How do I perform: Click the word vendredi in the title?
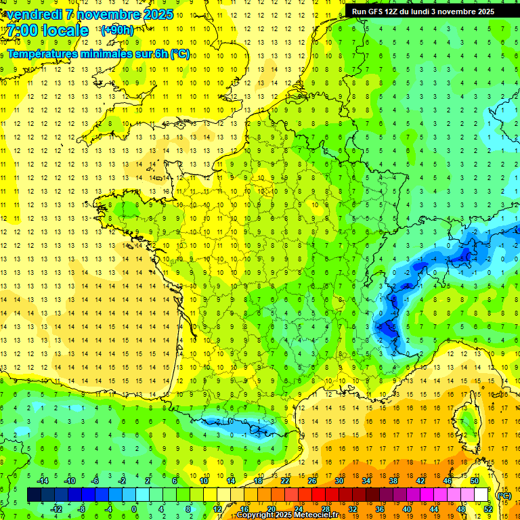pyautogui.click(x=35, y=14)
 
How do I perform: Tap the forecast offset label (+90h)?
pyautogui.click(x=116, y=30)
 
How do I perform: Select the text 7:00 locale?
pyautogui.click(x=48, y=30)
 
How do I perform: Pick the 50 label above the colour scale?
pyautogui.click(x=474, y=481)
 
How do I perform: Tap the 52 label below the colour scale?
pyautogui.click(x=488, y=508)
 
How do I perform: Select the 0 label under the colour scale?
pyautogui.click(x=134, y=508)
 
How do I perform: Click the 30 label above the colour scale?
pyautogui.click(x=339, y=481)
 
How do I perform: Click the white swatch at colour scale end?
pyautogui.click(x=481, y=495)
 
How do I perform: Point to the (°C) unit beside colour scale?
pyautogui.click(x=503, y=496)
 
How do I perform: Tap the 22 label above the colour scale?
pyautogui.click(x=285, y=481)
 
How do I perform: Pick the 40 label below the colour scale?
pyautogui.click(x=406, y=508)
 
